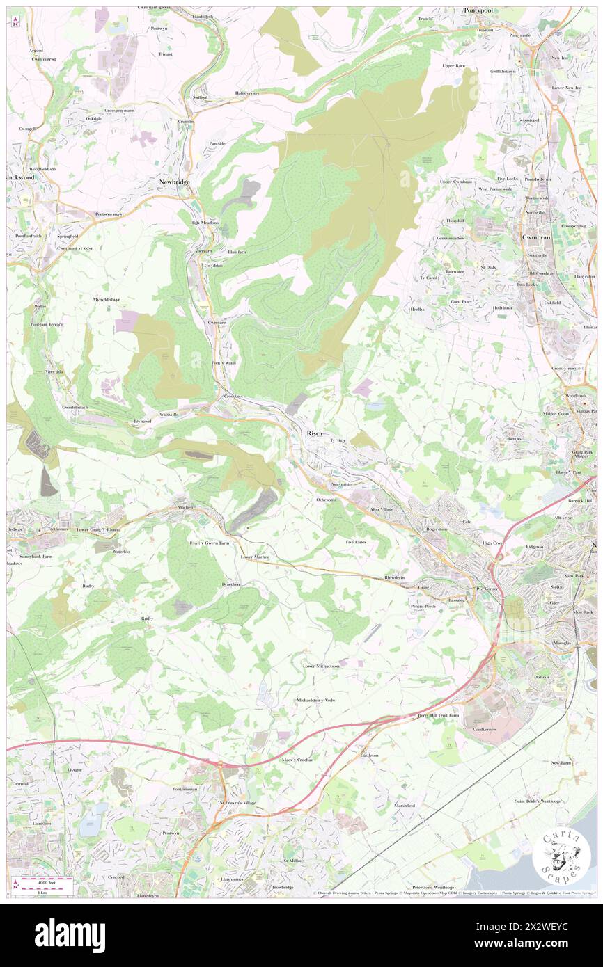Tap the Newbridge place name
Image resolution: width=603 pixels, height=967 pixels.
173,182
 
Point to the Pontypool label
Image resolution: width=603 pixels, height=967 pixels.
480,11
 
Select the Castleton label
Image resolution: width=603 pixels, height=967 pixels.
369,755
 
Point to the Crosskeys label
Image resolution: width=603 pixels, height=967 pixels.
233,396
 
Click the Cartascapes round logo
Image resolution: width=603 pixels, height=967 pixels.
561,858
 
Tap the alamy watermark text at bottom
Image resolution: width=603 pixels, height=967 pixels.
70,935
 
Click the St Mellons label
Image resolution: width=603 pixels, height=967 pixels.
295,861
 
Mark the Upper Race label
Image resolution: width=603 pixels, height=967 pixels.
453,65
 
